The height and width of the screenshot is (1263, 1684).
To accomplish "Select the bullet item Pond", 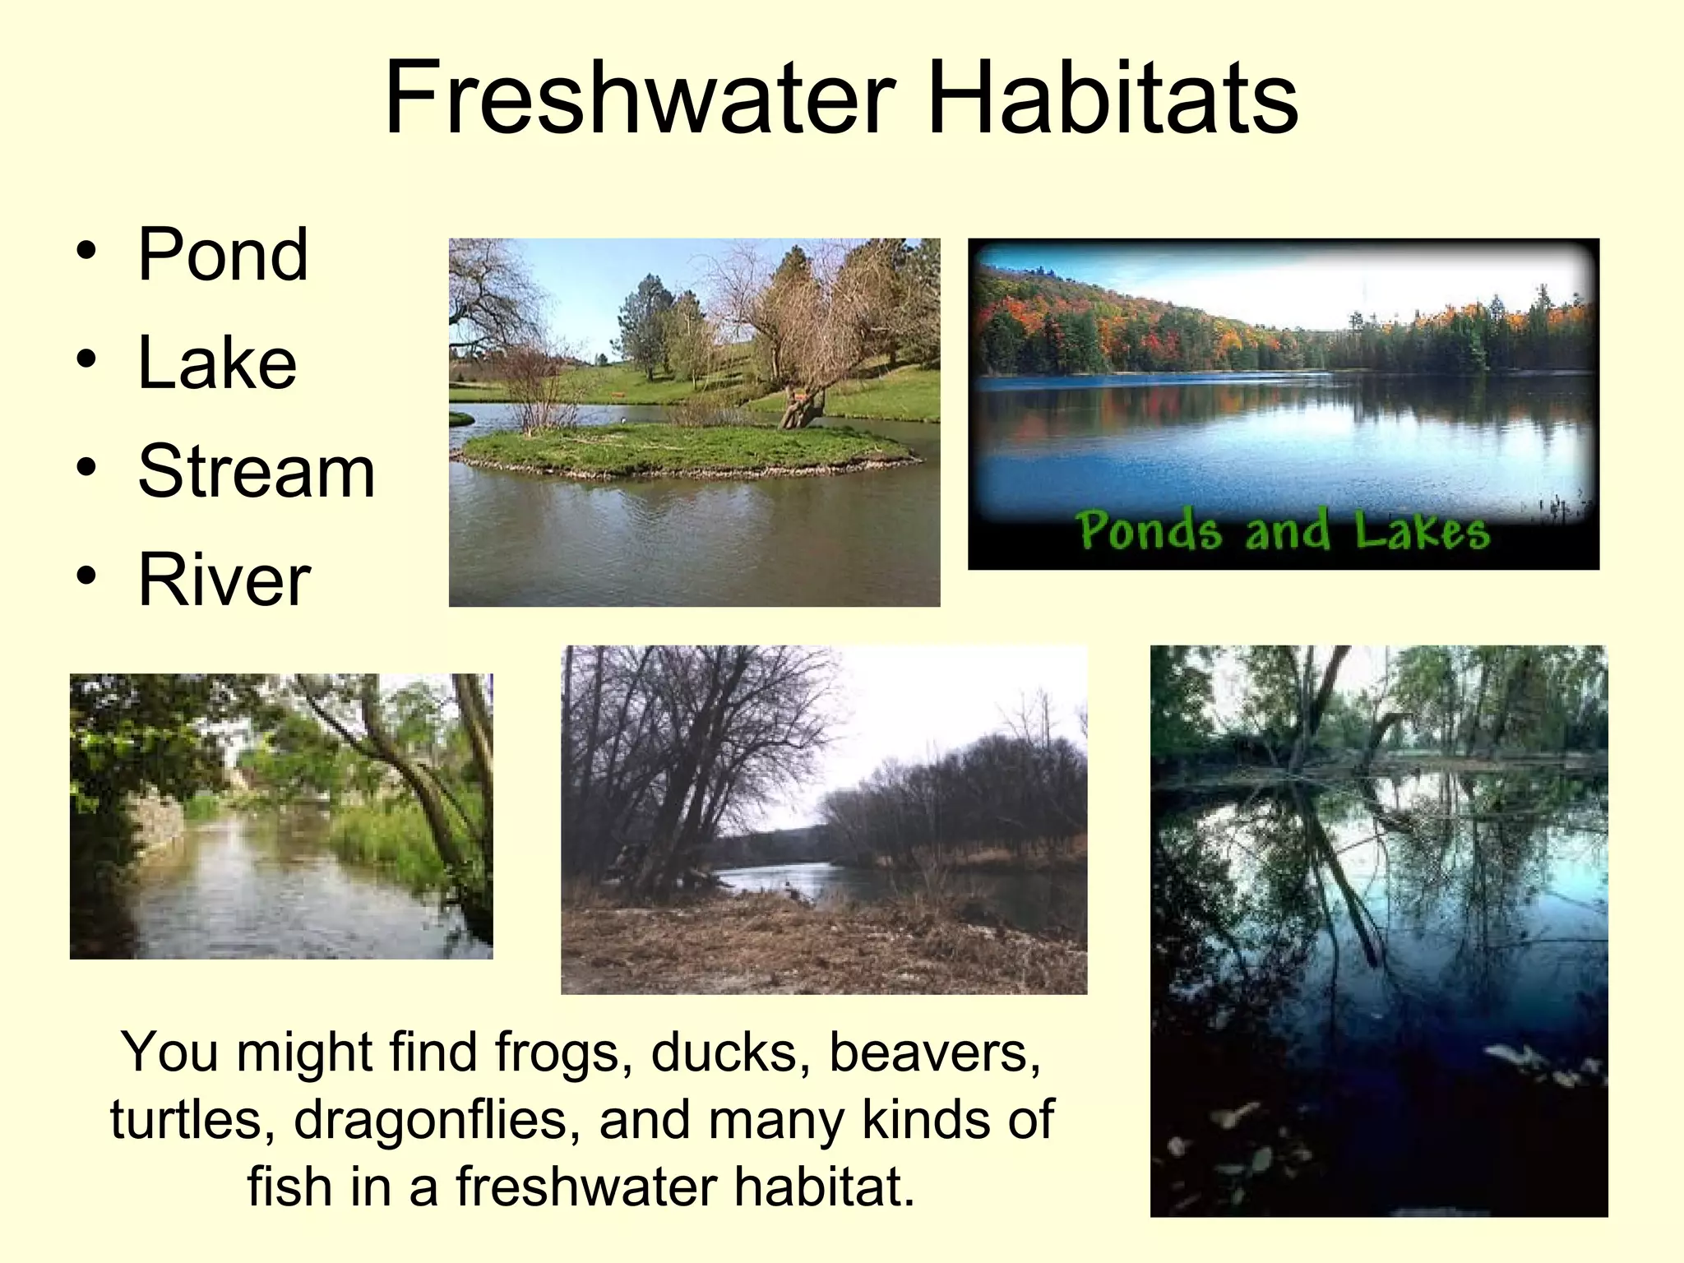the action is click(223, 254).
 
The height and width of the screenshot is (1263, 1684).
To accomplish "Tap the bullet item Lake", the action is click(217, 363).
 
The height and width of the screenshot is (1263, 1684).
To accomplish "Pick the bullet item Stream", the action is click(257, 471).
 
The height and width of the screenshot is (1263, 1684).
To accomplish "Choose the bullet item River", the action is click(224, 580).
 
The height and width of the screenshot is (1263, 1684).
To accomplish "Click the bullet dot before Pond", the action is click(86, 251).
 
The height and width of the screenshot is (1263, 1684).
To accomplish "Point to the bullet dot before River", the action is click(86, 576).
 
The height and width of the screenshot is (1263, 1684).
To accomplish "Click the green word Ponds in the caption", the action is click(1149, 530).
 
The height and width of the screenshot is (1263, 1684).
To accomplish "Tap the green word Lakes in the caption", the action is click(1422, 530).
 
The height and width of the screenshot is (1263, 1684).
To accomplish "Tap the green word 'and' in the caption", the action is click(1288, 530).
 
